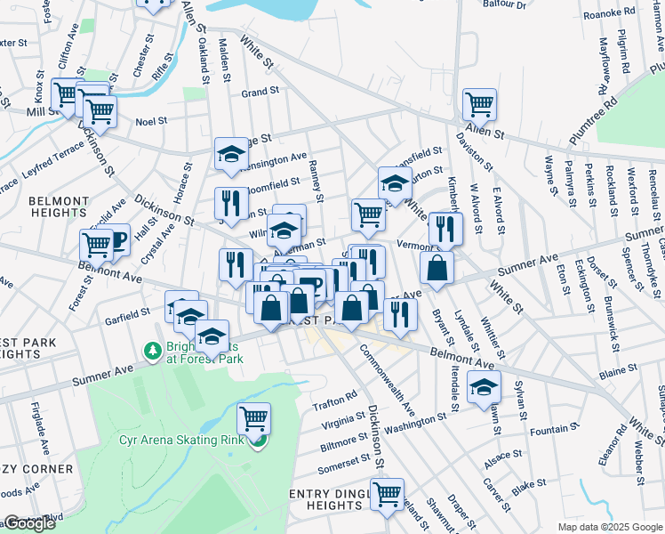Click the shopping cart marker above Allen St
479,104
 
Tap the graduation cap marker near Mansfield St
395,184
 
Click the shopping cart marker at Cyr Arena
254,417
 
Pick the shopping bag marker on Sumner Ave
437,268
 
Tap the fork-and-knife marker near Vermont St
445,229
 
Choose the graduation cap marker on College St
231,153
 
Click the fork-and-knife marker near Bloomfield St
231,203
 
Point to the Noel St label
151,122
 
